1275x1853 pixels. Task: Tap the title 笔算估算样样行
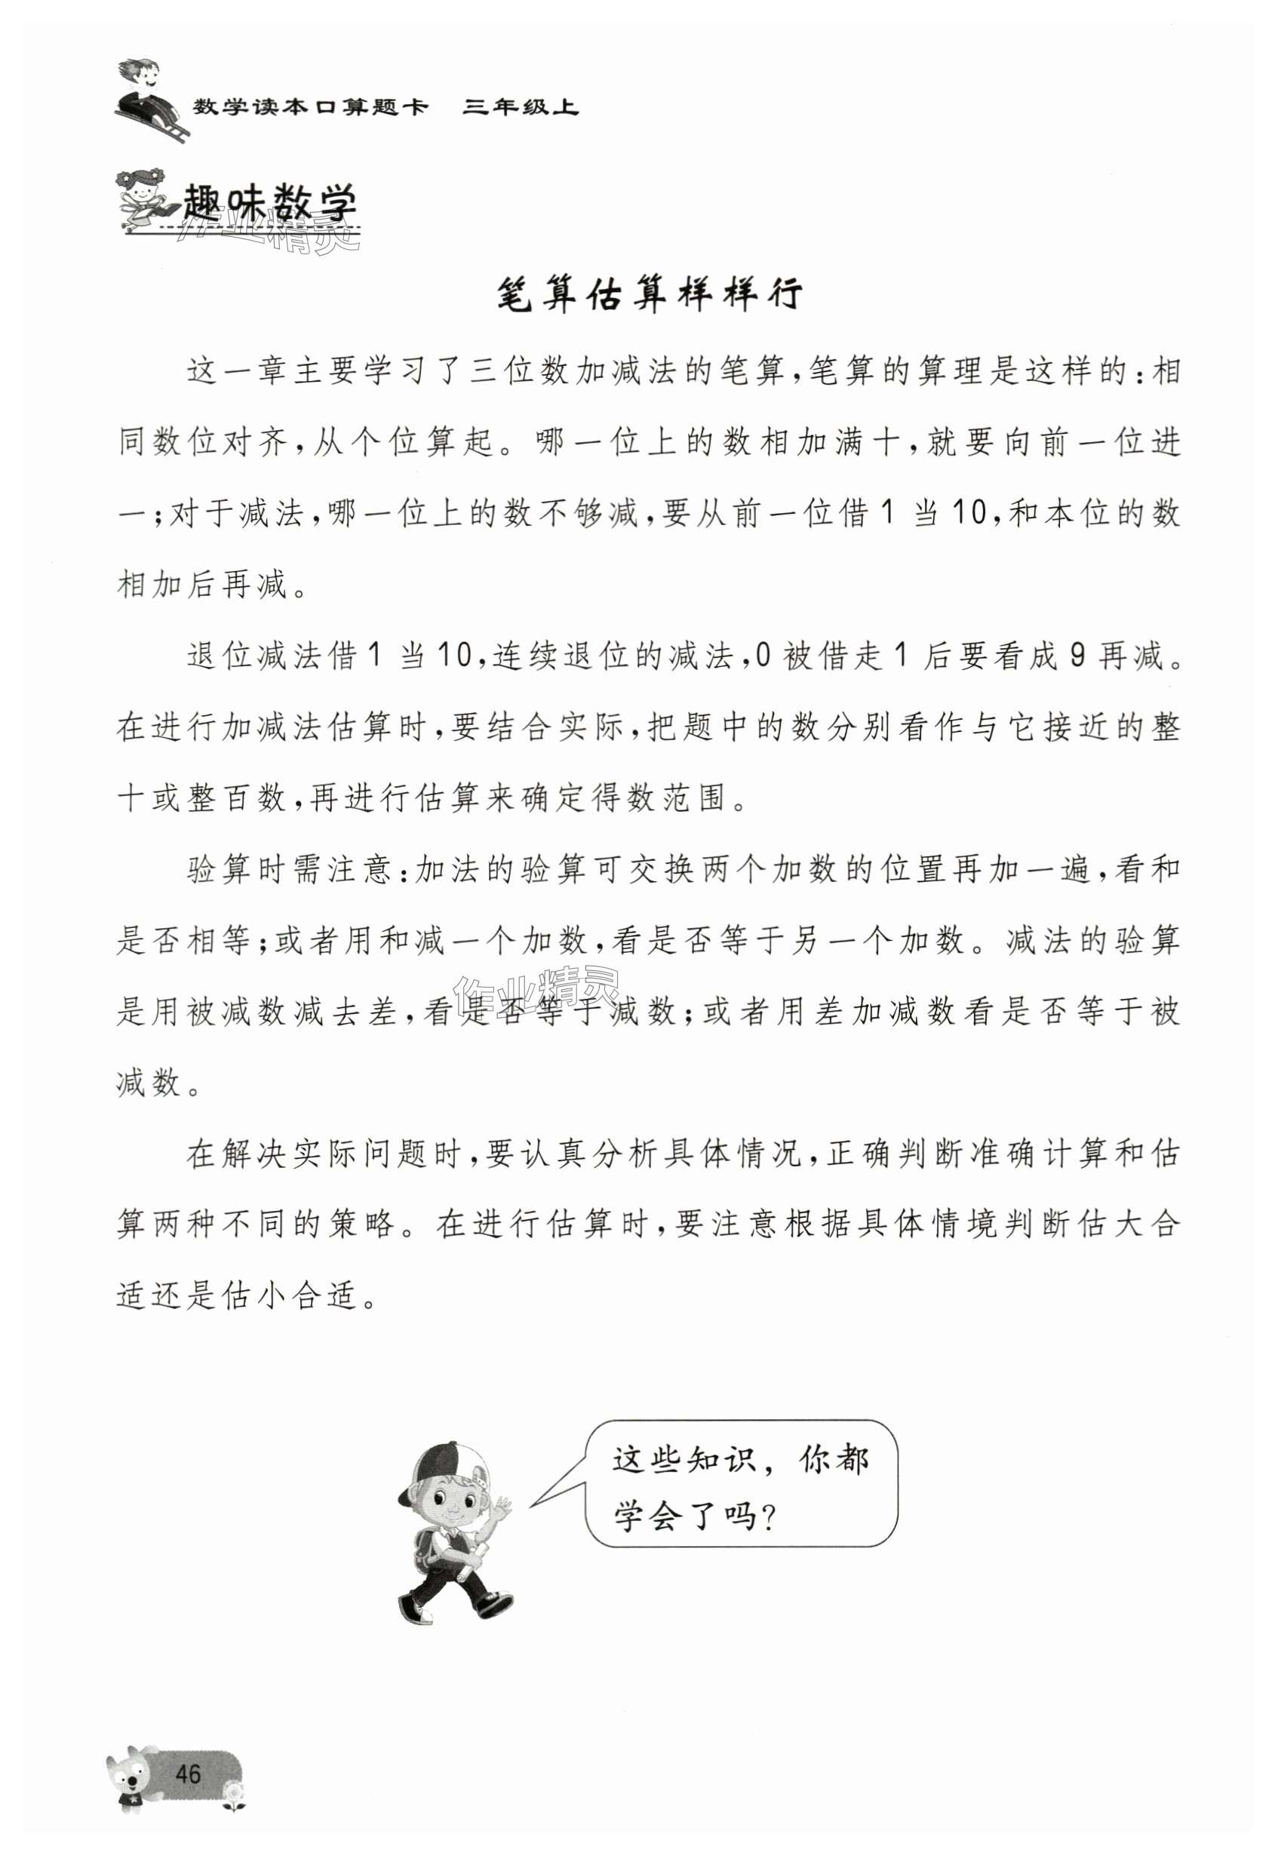click(x=649, y=296)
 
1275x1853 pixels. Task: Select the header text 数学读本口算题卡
click(x=311, y=107)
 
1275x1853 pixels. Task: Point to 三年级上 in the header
click(x=521, y=107)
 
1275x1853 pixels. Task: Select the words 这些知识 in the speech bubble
click(x=681, y=1460)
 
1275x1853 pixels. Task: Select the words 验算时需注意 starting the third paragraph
click(x=290, y=870)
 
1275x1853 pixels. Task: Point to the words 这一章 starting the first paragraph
click(x=239, y=372)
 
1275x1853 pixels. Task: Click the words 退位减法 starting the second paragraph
click(x=257, y=656)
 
